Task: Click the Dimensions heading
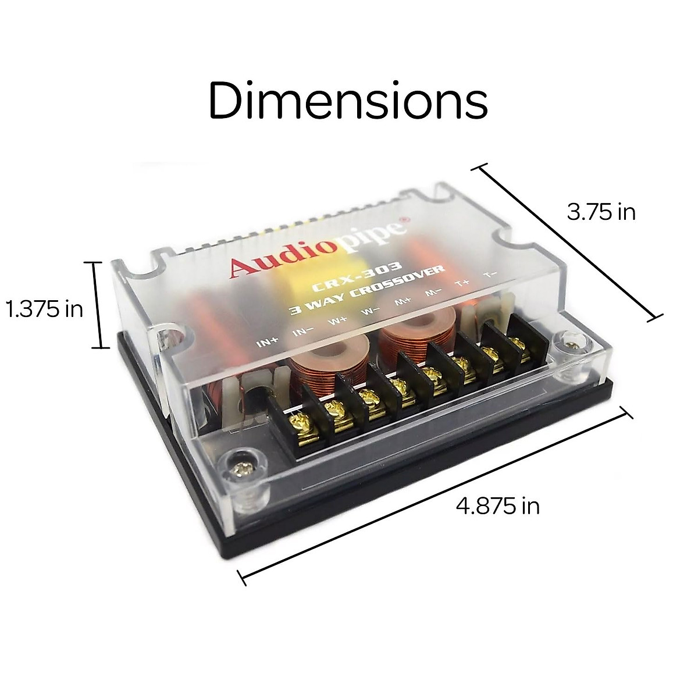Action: (348, 100)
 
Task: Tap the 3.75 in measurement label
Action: (601, 212)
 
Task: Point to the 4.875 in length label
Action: (497, 505)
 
